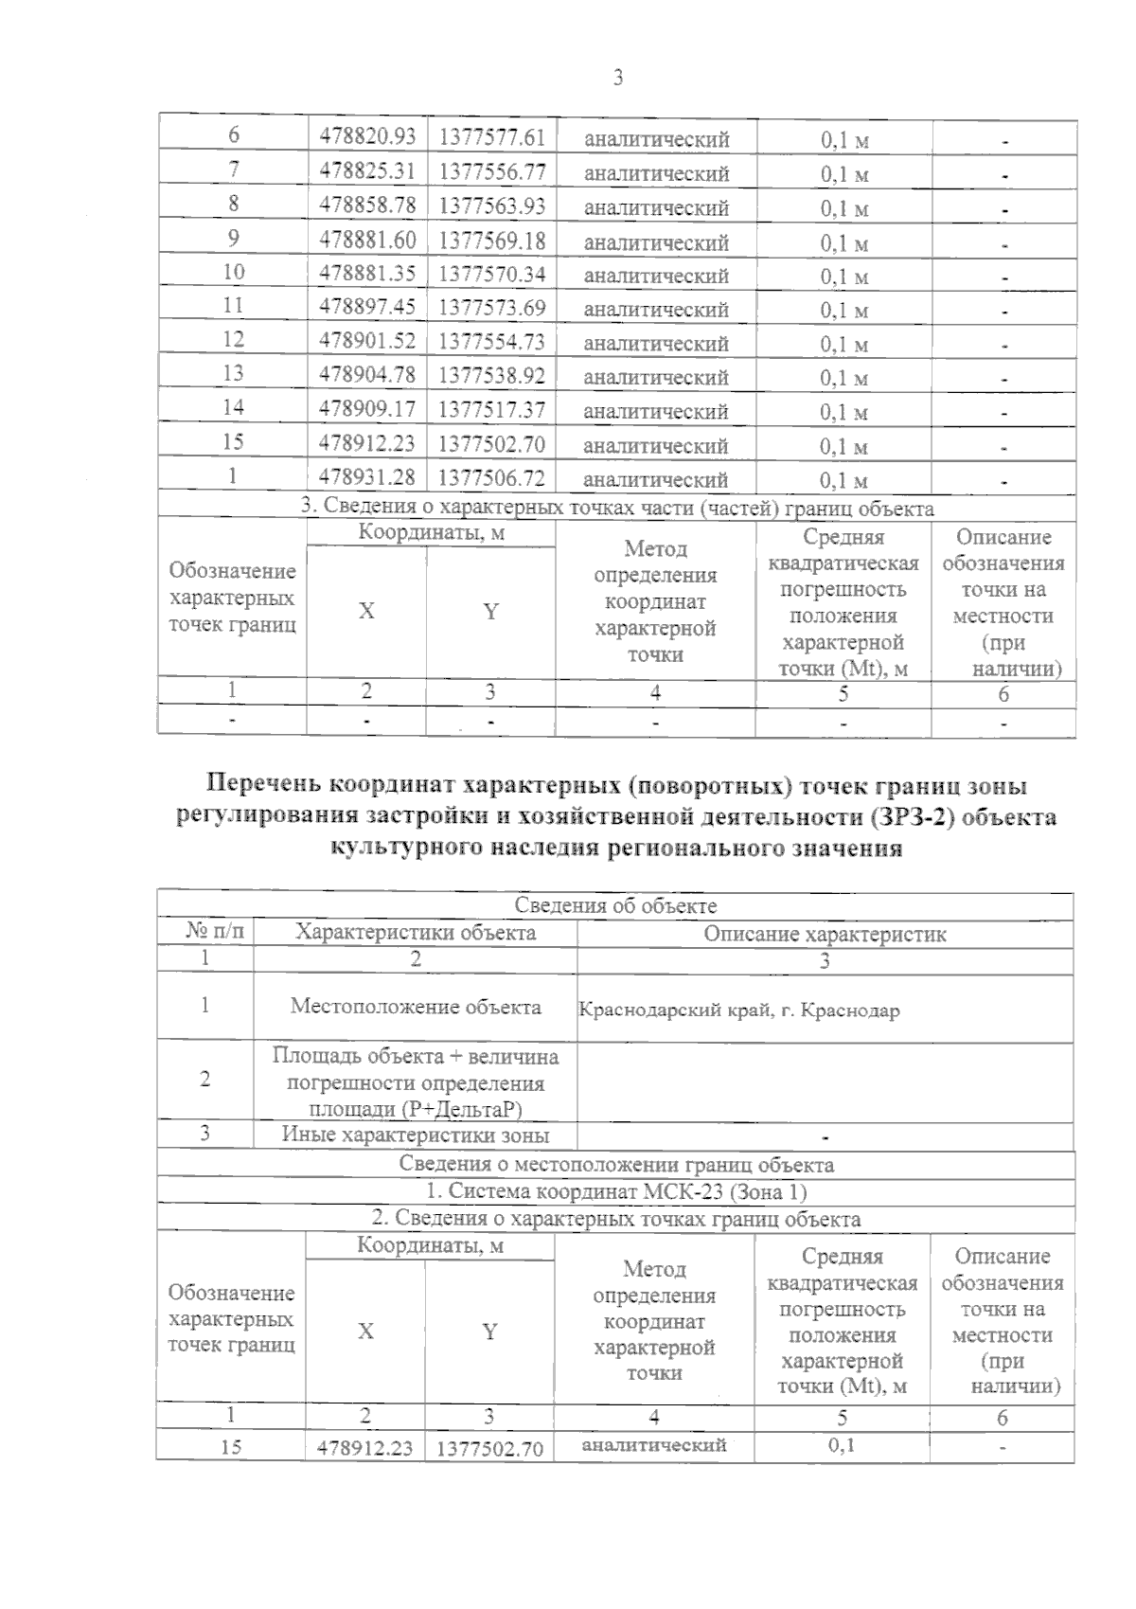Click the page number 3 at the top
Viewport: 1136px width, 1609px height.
(617, 79)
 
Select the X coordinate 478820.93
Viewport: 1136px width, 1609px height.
(367, 137)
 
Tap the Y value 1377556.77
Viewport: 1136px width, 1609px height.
(491, 171)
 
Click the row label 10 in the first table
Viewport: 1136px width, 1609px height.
(233, 273)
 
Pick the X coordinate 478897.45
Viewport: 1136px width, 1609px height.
(367, 307)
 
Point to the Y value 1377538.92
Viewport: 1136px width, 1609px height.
(491, 375)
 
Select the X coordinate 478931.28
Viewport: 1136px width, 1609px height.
(367, 476)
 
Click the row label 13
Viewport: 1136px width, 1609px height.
(233, 374)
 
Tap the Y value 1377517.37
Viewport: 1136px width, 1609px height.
(491, 409)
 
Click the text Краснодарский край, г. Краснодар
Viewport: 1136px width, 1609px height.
(738, 1010)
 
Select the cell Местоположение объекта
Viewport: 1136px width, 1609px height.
(416, 1007)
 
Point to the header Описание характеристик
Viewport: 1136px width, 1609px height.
(825, 935)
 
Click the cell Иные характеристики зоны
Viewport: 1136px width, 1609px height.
(416, 1135)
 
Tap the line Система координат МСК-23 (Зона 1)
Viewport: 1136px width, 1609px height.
(615, 1191)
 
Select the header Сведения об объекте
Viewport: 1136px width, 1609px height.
(615, 906)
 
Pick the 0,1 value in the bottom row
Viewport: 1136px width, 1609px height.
(841, 1445)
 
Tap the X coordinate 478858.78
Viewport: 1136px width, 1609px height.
(367, 205)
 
